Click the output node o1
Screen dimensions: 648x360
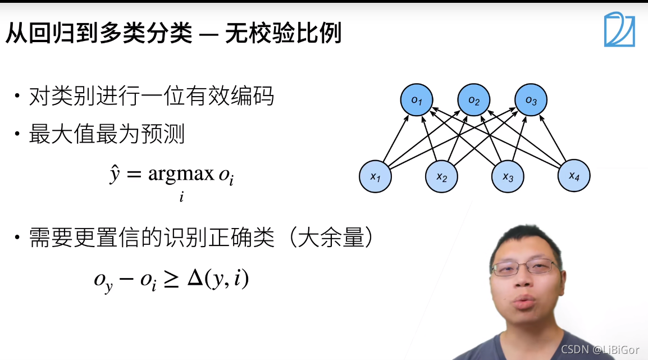pos(417,101)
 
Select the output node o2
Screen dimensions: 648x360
pos(474,101)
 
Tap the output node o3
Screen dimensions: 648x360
pos(531,101)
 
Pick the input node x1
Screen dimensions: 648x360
pos(375,176)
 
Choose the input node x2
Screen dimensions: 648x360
pos(441,176)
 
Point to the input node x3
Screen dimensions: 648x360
pos(508,176)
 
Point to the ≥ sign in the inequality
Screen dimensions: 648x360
pos(171,280)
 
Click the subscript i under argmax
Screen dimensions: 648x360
pos(181,197)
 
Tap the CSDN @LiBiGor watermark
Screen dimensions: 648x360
pos(600,349)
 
